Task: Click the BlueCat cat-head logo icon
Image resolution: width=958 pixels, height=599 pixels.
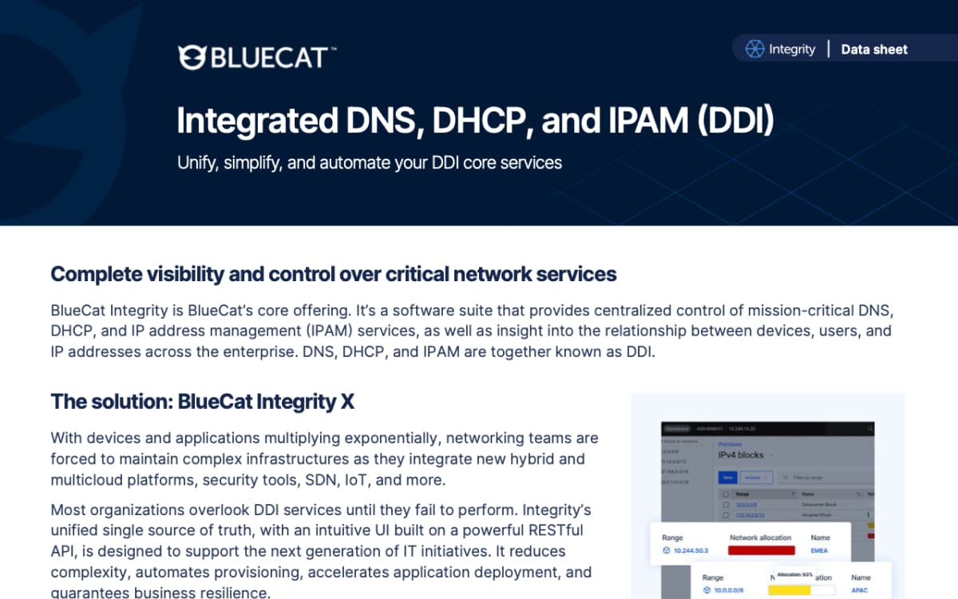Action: tap(192, 57)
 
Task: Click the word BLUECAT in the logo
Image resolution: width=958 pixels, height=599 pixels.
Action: tap(269, 58)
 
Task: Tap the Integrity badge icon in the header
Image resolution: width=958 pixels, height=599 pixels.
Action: tap(754, 50)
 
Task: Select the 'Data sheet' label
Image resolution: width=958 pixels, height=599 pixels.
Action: tap(874, 50)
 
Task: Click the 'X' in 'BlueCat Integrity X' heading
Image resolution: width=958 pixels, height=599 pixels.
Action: tap(347, 402)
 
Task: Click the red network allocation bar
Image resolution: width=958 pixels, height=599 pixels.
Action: tap(762, 550)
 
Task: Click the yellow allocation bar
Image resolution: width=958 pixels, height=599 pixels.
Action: tap(789, 590)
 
